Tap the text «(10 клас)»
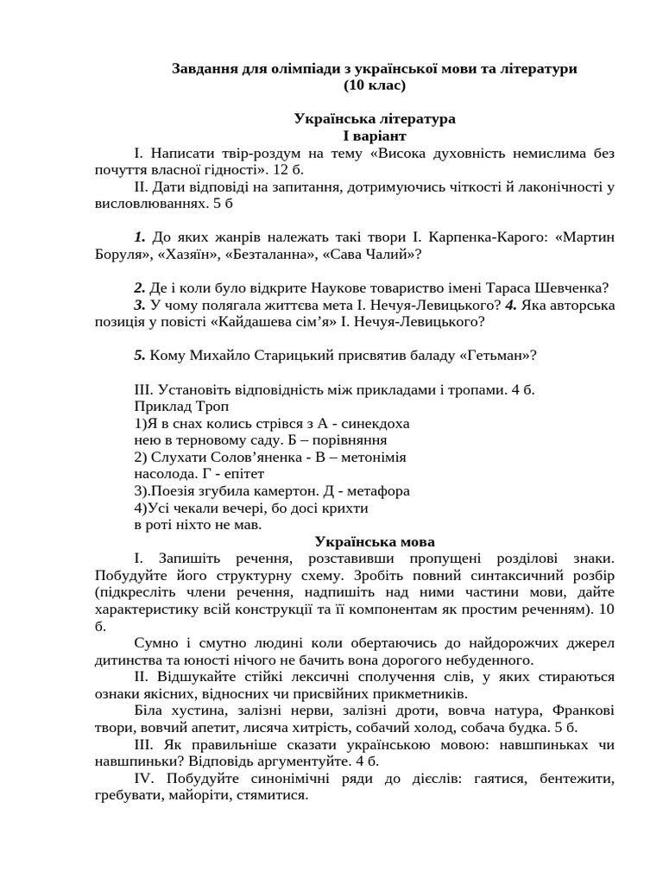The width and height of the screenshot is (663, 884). (374, 85)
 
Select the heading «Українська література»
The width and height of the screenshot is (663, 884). (374, 118)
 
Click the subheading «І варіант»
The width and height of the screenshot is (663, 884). (374, 136)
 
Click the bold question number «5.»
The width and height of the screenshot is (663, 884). (140, 356)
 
